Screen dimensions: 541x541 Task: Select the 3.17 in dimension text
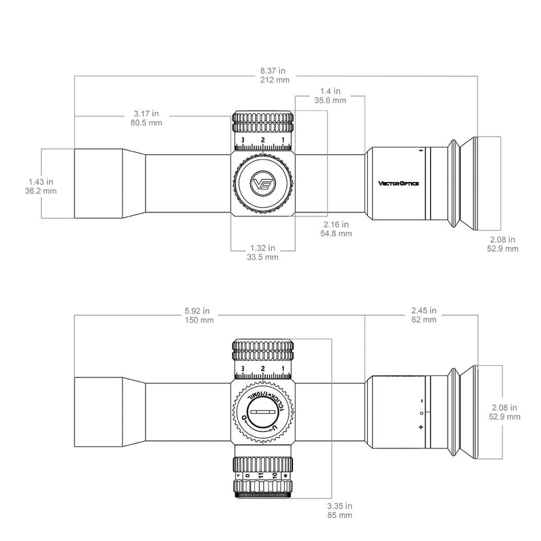(146, 113)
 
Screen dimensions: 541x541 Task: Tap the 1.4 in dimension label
(331, 90)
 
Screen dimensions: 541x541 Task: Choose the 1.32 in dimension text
(263, 248)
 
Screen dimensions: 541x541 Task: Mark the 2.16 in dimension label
(336, 224)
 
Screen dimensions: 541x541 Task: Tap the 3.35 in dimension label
(336, 505)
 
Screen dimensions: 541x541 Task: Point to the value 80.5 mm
(146, 123)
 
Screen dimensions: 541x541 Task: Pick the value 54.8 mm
(336, 234)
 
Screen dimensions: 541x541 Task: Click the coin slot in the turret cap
(263, 411)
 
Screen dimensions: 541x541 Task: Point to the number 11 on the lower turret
(261, 476)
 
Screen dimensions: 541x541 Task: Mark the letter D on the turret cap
(243, 417)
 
